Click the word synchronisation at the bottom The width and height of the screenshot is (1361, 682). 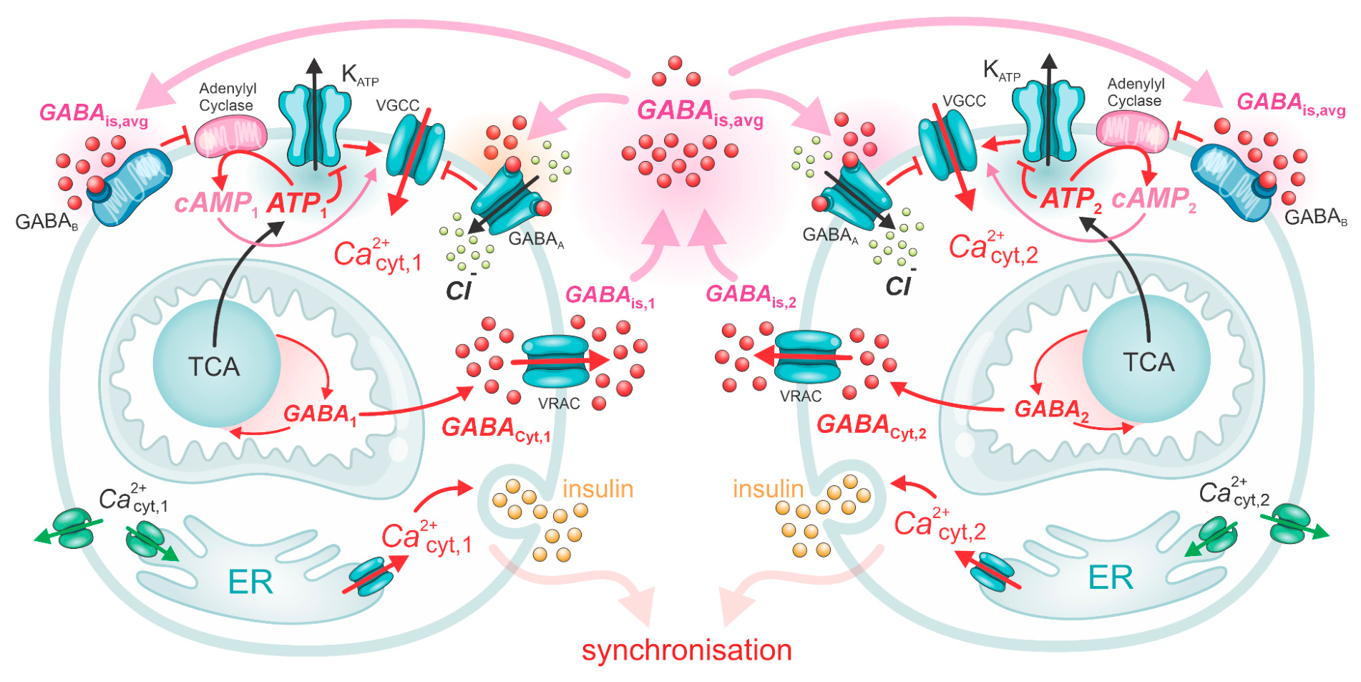tap(686, 650)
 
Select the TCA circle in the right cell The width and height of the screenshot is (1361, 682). tap(1146, 361)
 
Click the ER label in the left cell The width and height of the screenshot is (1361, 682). tap(250, 583)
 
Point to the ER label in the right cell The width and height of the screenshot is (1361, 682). tap(1111, 577)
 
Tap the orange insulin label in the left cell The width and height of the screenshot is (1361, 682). tap(598, 489)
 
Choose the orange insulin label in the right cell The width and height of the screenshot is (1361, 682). tap(769, 489)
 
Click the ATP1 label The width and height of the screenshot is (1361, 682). tap(297, 203)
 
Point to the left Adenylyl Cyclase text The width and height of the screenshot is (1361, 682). tap(227, 97)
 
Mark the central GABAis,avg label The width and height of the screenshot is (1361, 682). tap(700, 112)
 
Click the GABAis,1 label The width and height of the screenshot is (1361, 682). tap(610, 296)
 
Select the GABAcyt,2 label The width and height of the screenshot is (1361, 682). tap(871, 426)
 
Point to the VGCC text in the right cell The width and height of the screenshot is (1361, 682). tap(964, 101)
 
